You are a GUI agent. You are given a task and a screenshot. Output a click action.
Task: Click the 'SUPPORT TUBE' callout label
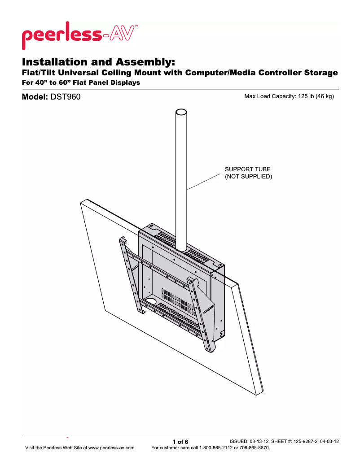point(247,169)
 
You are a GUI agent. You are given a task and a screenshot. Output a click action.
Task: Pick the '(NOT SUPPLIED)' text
point(248,177)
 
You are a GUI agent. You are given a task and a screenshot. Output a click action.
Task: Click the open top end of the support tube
point(181,112)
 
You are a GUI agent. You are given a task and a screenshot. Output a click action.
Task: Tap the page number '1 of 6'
point(180,442)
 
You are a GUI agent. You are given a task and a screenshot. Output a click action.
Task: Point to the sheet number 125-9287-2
point(306,441)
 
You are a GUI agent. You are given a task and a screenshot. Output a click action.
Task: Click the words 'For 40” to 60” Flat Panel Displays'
point(81,83)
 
